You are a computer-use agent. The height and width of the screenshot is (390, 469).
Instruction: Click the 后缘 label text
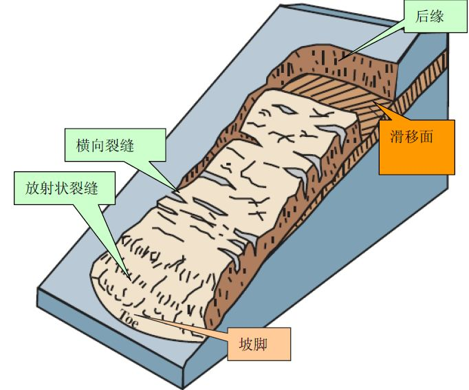430,17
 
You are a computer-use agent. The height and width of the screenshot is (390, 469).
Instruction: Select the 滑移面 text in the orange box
411,136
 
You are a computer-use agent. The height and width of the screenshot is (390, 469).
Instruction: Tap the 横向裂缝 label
105,146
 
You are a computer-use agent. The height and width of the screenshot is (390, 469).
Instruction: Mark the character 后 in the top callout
422,17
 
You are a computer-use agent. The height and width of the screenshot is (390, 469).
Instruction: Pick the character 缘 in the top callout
437,17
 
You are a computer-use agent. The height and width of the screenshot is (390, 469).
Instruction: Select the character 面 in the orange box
426,136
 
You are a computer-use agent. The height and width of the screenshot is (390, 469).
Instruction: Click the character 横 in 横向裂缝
83,146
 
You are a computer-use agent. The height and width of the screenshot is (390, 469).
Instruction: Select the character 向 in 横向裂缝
98,146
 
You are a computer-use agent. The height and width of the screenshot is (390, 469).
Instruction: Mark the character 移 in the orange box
412,136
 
